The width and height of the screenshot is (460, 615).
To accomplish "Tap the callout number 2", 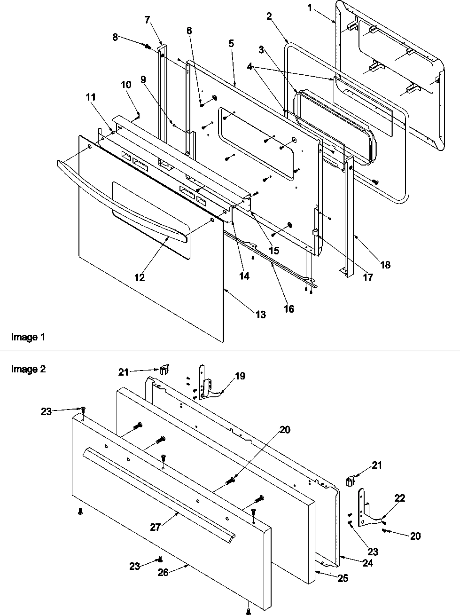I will tap(269, 17).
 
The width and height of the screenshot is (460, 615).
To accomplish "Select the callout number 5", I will tap(231, 43).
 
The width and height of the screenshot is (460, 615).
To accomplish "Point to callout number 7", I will tap(148, 20).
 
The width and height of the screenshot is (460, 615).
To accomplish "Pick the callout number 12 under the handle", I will tap(140, 277).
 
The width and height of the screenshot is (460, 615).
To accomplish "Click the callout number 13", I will tap(261, 315).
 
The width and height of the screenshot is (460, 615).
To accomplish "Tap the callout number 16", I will tap(288, 308).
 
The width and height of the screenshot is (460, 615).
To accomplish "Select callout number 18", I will tap(385, 265).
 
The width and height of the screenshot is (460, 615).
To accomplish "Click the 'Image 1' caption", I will tap(28, 337).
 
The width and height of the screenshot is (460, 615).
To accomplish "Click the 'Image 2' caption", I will tap(28, 369).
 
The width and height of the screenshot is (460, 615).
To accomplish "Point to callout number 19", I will tap(240, 376).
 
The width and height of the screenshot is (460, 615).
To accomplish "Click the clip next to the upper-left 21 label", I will tap(163, 371).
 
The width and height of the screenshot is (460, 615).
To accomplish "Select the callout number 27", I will tap(156, 528).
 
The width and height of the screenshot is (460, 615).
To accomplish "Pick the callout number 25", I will tap(343, 578).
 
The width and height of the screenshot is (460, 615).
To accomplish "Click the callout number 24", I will tap(368, 562).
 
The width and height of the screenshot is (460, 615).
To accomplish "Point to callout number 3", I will tap(261, 49).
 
